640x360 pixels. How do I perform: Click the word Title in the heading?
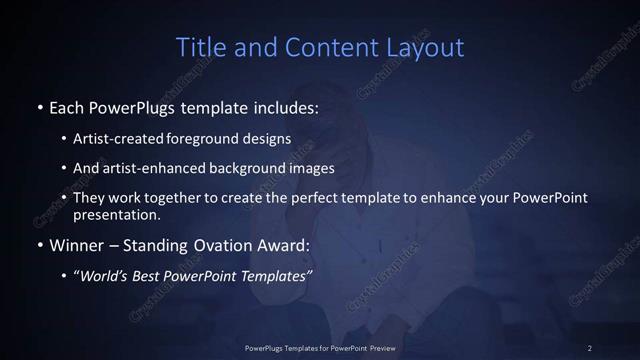tap(199, 47)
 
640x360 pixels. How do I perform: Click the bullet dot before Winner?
tap(40, 244)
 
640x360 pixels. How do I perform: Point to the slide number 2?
tap(589, 347)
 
